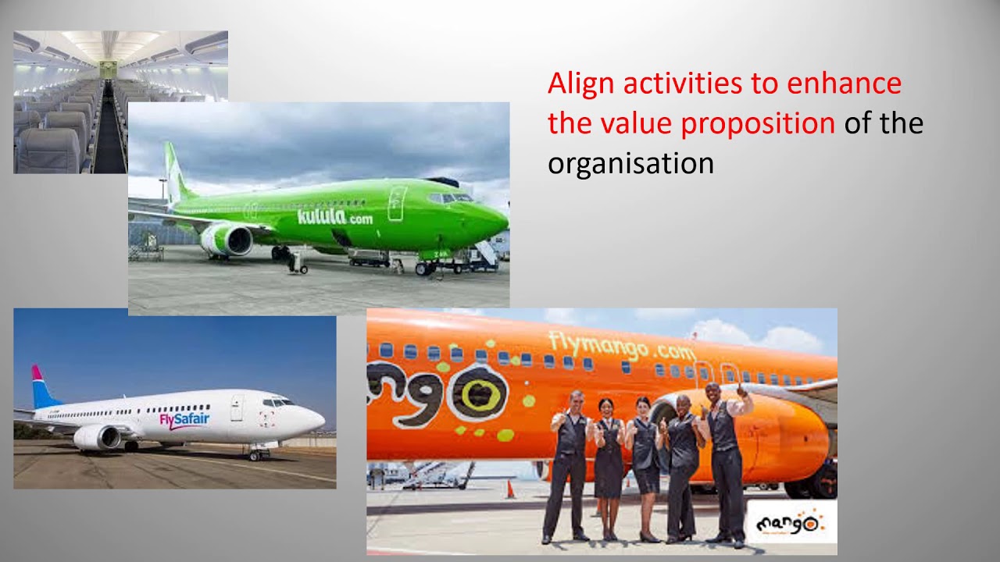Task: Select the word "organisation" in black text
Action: [x=630, y=164]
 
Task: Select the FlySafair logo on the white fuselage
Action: [x=184, y=420]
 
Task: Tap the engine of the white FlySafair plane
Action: [x=97, y=437]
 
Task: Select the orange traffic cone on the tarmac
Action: [x=509, y=489]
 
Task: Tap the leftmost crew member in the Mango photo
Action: [x=568, y=464]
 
